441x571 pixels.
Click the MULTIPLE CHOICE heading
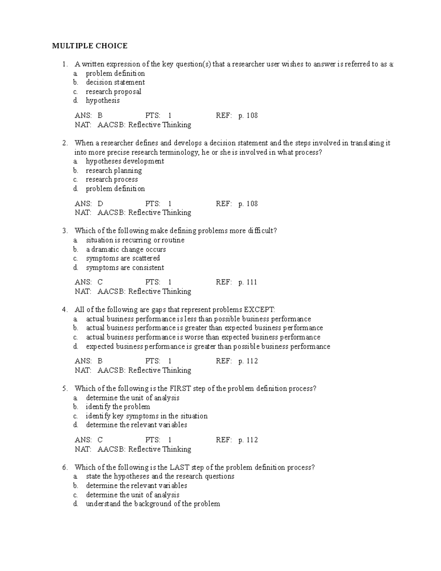click(x=90, y=46)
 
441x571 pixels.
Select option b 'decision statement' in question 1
click(x=115, y=82)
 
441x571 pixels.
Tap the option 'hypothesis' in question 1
click(x=103, y=100)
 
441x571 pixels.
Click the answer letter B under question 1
click(x=100, y=115)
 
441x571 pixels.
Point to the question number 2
click(x=65, y=143)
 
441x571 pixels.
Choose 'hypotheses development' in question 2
click(x=125, y=161)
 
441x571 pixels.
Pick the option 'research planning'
click(x=114, y=171)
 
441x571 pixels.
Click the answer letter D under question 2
click(x=100, y=204)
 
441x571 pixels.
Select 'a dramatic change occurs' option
click(x=126, y=249)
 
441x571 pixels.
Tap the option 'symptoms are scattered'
click(x=123, y=258)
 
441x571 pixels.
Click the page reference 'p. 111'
click(x=248, y=282)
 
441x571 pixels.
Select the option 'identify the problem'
click(x=118, y=407)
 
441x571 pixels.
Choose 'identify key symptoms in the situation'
click(x=146, y=416)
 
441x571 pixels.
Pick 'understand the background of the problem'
click(x=153, y=504)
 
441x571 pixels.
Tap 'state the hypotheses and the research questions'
click(x=160, y=477)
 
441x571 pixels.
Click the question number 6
click(x=65, y=467)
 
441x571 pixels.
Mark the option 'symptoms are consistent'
click(x=125, y=268)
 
